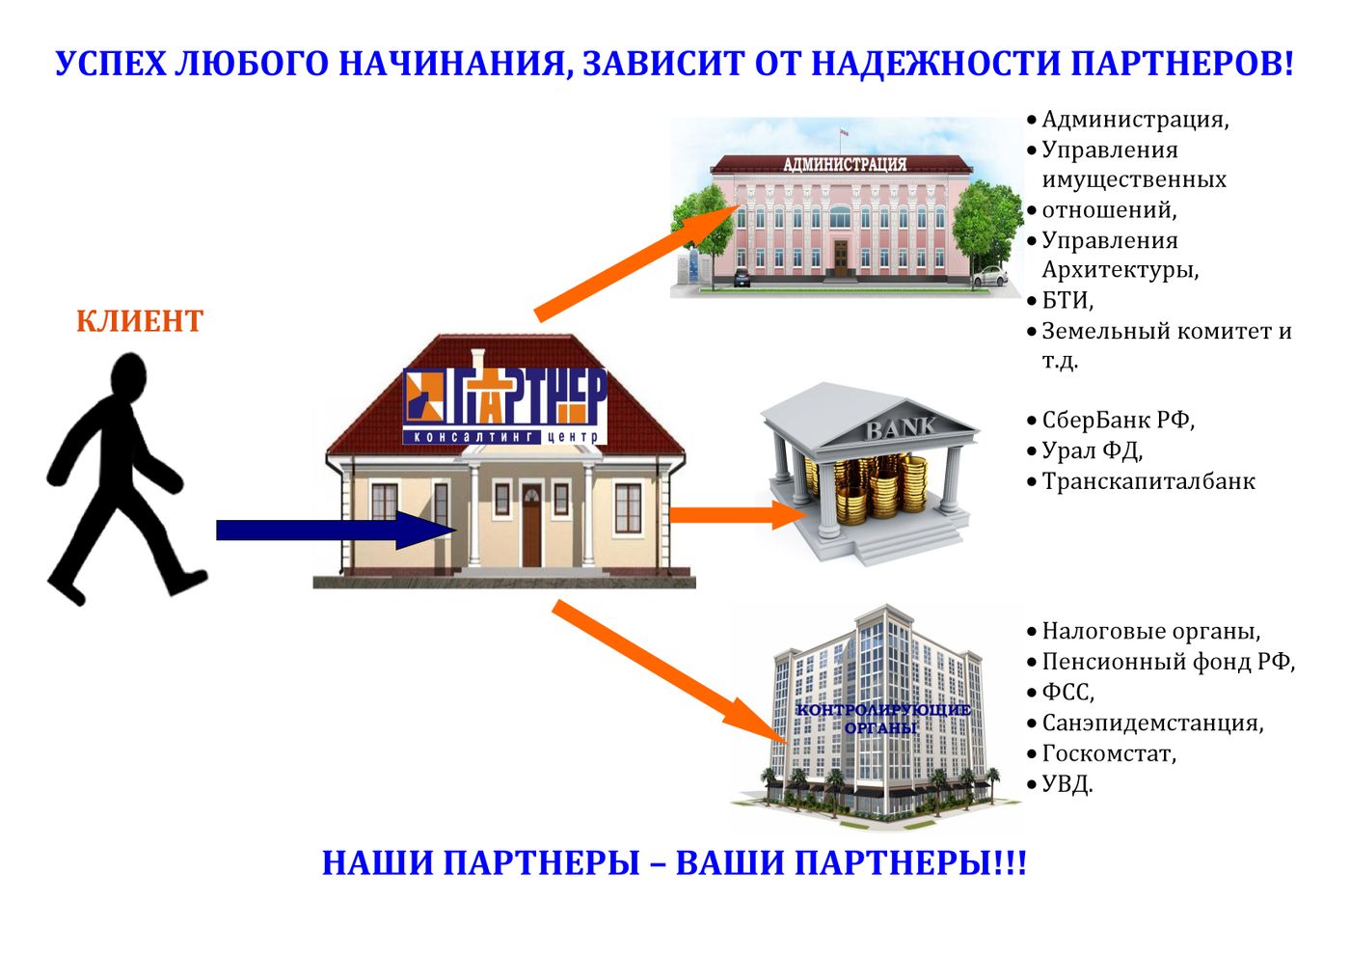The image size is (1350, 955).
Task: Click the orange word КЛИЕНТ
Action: click(140, 320)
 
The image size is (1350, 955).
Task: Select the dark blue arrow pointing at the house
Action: click(337, 530)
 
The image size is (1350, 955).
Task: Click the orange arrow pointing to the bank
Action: click(739, 515)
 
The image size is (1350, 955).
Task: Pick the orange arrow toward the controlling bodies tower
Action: click(669, 671)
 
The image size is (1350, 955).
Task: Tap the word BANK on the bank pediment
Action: click(901, 428)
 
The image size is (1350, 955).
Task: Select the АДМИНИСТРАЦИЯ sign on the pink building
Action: click(845, 164)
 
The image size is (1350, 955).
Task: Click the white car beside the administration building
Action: click(989, 276)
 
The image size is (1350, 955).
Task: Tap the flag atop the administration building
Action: click(845, 132)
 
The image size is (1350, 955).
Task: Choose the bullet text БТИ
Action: click(1067, 300)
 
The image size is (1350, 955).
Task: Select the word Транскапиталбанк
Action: click(1148, 481)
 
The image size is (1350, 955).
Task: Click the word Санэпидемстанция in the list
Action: click(1152, 723)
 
